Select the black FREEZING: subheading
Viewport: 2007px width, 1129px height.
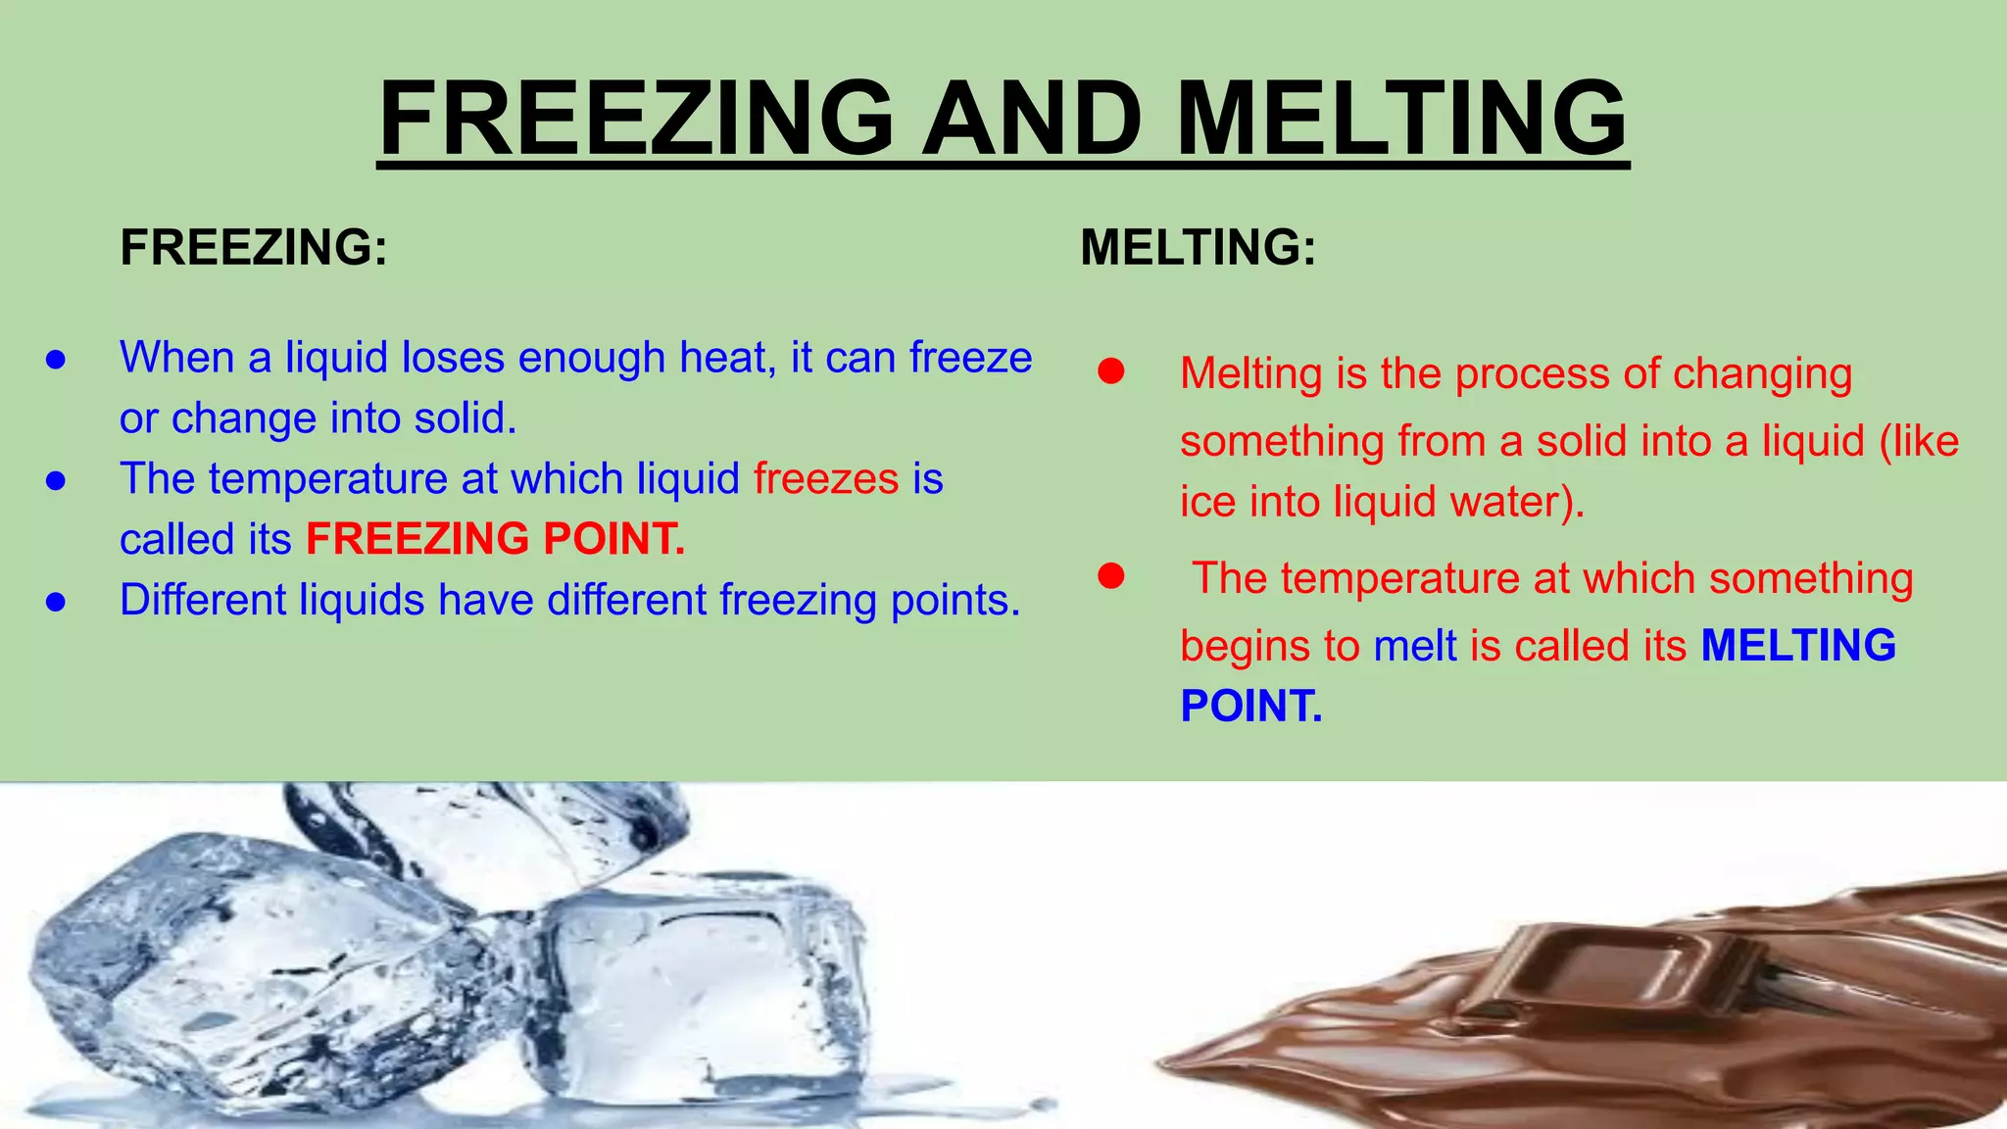tap(254, 247)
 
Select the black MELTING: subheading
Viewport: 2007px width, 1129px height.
tap(1198, 247)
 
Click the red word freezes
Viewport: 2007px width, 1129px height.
tap(826, 479)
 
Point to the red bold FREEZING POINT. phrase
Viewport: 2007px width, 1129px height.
tap(496, 539)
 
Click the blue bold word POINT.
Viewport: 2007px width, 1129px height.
tap(1251, 707)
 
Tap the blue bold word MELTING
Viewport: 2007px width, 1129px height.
tap(1798, 646)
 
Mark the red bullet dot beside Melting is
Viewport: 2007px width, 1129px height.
tap(1110, 372)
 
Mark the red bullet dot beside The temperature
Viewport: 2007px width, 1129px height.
tap(1110, 576)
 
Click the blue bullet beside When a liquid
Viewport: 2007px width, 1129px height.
tap(56, 360)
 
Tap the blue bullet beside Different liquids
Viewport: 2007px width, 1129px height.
tap(56, 602)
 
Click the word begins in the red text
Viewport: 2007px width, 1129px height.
tap(1245, 647)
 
